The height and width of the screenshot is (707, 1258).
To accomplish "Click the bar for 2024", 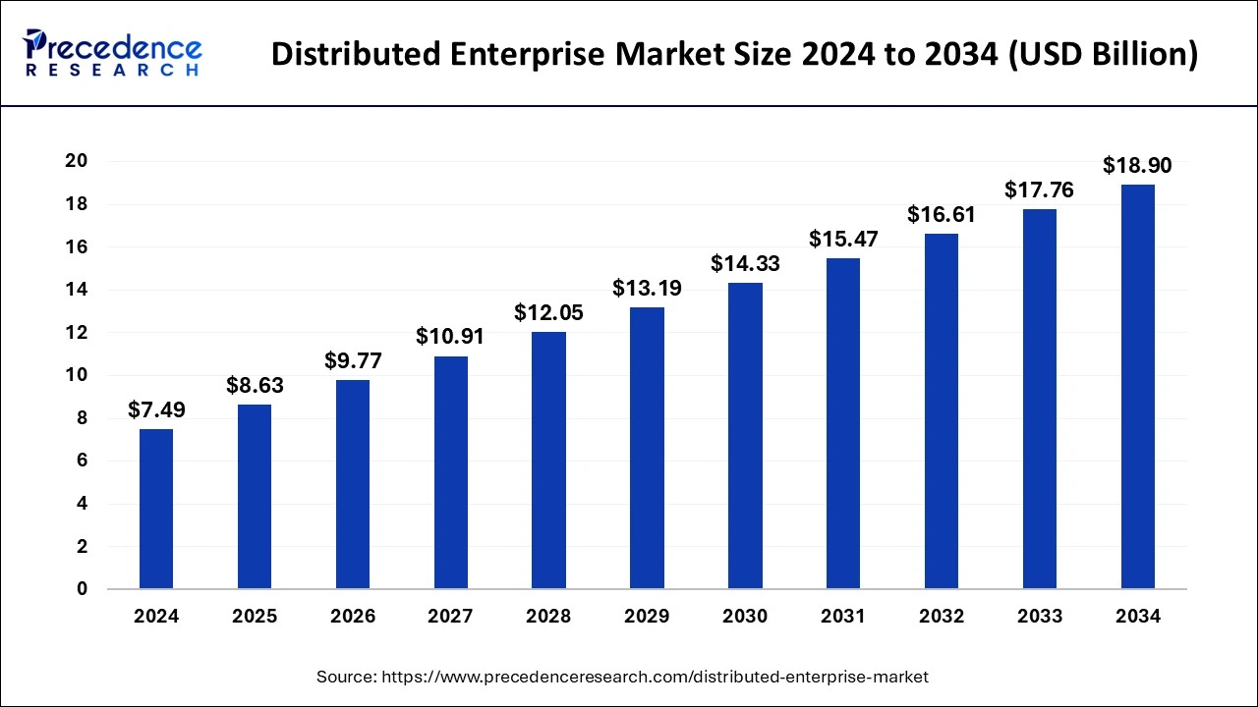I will tap(156, 509).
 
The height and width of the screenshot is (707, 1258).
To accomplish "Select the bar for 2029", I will tap(647, 448).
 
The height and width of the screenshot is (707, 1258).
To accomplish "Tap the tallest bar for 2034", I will tap(1137, 387).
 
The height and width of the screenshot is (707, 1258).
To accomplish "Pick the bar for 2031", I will tap(843, 423).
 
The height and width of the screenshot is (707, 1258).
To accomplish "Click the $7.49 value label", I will tap(156, 409).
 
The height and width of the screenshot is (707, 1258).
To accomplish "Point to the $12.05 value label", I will tap(548, 312).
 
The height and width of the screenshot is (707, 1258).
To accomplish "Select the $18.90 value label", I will tap(1137, 165).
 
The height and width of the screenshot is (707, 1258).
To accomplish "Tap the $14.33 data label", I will tap(745, 263).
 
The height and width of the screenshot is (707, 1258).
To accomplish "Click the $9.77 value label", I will tap(353, 360).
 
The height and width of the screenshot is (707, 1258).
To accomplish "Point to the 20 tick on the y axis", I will tap(76, 161).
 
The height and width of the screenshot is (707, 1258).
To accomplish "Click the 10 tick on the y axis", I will tap(76, 375).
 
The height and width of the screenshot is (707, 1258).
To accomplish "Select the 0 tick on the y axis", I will tap(83, 589).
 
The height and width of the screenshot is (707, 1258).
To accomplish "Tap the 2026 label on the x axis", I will tap(353, 617).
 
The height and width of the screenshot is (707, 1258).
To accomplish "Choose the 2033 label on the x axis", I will tap(1040, 617).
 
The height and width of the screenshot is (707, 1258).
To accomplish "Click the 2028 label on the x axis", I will tap(548, 617).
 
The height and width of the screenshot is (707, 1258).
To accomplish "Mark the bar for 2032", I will tap(942, 411).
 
